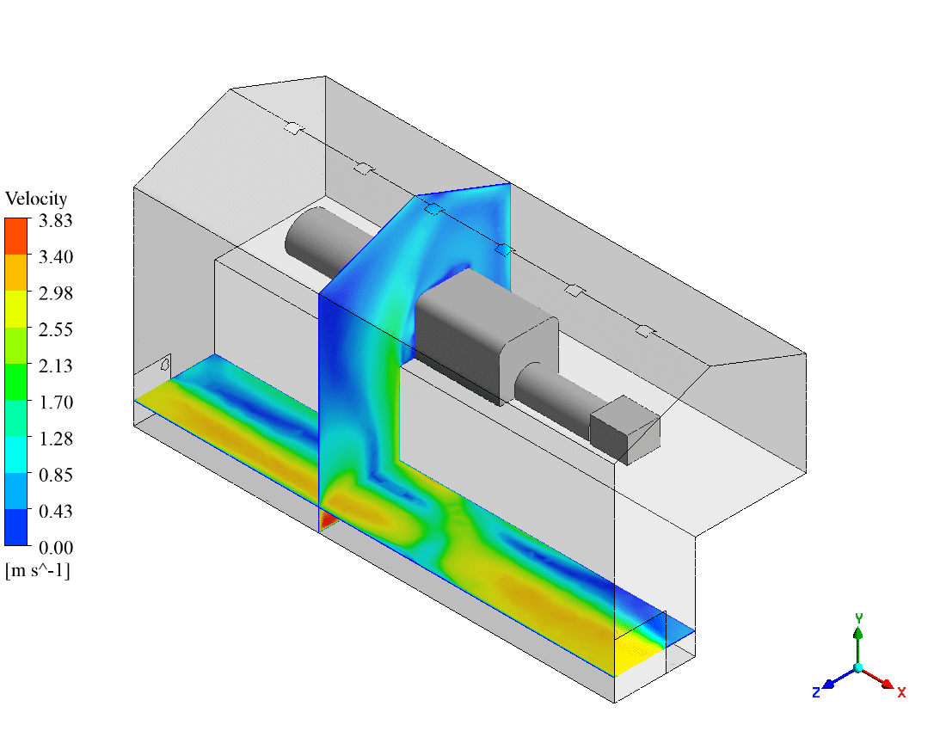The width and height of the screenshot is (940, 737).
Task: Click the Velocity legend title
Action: (36, 199)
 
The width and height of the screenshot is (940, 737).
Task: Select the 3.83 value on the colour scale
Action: (56, 221)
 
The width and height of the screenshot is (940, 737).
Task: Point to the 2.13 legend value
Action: (56, 365)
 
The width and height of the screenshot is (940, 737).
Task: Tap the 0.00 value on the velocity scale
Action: (56, 548)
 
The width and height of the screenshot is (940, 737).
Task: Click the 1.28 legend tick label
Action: (56, 439)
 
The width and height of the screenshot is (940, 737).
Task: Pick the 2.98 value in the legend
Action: (56, 293)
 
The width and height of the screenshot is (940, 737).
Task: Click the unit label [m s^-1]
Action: (38, 570)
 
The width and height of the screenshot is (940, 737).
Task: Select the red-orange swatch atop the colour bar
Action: (16, 236)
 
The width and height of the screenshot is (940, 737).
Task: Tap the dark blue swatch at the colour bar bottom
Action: (16, 527)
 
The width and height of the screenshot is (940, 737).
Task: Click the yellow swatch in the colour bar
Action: (16, 309)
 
